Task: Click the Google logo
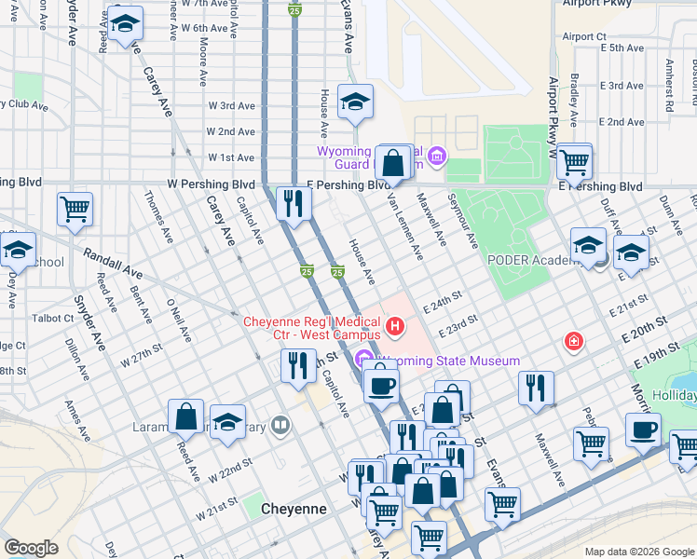[31, 548]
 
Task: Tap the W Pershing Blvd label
[212, 185]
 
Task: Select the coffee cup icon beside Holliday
[642, 431]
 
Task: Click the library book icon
[281, 427]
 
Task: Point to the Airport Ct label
[584, 36]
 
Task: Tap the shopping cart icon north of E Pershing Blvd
[574, 161]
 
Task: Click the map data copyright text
[638, 552]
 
